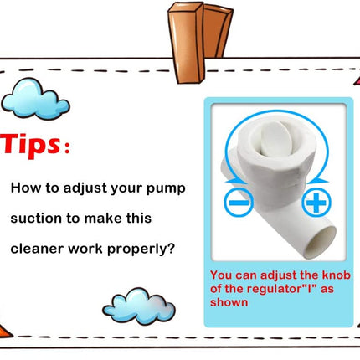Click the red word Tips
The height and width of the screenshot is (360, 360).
coord(31,146)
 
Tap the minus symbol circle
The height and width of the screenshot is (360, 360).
coord(239,203)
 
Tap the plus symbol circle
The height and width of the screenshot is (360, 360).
coord(316,203)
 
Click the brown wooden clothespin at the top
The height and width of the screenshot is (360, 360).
coord(200,43)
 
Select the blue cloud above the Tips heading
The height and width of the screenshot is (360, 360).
coord(35,99)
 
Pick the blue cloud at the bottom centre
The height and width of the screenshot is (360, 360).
coord(139,306)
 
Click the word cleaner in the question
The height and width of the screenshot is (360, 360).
coord(37,249)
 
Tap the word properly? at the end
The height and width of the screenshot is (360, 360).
coord(141,249)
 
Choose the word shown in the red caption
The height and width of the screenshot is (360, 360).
coord(229,302)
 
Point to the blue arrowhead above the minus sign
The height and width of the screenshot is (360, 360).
coord(234,181)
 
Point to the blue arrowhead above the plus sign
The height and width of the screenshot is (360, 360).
coord(318,181)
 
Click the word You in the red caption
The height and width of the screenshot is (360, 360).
coord(221,275)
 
